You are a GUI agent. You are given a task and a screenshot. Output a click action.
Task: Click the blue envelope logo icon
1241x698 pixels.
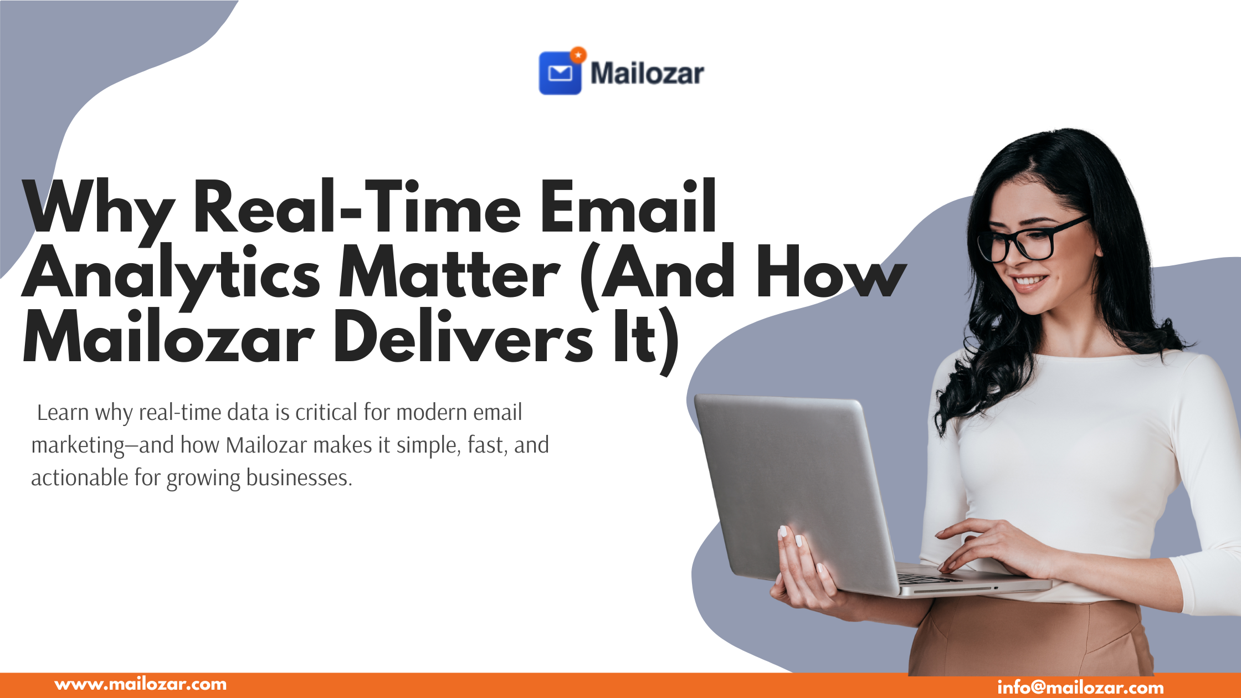pyautogui.click(x=560, y=73)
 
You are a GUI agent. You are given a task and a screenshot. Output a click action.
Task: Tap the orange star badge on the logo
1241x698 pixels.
pyautogui.click(x=578, y=55)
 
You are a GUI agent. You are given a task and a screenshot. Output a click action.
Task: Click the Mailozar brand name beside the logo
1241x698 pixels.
pyautogui.click(x=647, y=74)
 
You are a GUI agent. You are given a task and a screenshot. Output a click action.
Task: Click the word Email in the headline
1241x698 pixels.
pyautogui.click(x=629, y=206)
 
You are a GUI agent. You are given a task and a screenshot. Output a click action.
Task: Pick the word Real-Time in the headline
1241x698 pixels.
pyautogui.click(x=357, y=206)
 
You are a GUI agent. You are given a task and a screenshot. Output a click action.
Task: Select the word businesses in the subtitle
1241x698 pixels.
pyautogui.click(x=299, y=478)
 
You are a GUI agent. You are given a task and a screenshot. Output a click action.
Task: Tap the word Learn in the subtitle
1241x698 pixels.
pyautogui.click(x=63, y=413)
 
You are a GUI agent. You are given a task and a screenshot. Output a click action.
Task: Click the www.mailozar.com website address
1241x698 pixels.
pyautogui.click(x=141, y=684)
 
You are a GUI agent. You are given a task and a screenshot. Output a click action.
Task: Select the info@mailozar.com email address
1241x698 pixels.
pyautogui.click(x=1080, y=687)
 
